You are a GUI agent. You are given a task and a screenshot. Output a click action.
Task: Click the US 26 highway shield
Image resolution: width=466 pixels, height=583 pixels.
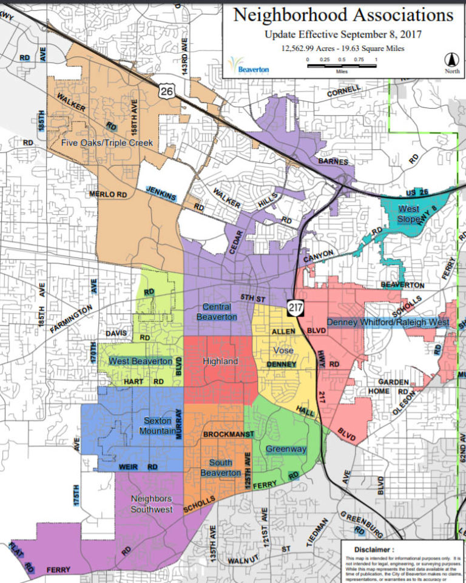pos(165,91)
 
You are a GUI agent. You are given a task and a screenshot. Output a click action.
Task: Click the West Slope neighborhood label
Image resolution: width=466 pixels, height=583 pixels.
pos(408,214)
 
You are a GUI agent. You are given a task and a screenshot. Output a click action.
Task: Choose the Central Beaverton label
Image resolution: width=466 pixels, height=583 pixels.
pos(217,311)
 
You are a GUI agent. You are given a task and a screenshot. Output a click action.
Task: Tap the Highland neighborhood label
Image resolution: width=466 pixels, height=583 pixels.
pos(220,362)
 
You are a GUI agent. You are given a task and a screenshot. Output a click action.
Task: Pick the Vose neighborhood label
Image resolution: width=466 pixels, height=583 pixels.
pos(283,351)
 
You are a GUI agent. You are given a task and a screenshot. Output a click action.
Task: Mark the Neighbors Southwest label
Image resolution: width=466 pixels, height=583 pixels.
pos(152,504)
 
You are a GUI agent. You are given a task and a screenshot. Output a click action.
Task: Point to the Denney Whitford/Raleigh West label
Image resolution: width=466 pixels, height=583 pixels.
pos(388,322)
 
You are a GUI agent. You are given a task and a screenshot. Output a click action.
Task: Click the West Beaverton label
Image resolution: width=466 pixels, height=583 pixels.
pos(141,361)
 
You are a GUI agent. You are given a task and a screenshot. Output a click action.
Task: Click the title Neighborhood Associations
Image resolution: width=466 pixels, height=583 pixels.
pos(343,15)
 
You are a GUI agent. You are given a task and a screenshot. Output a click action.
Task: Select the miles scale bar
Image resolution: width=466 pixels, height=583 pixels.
pos(342,64)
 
